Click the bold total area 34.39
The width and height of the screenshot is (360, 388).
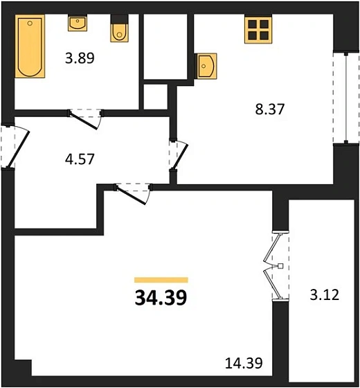click(161, 299)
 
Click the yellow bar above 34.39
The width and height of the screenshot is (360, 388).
click(161, 280)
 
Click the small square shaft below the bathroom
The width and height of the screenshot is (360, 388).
click(155, 96)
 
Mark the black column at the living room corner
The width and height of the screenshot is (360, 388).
click(22, 368)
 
